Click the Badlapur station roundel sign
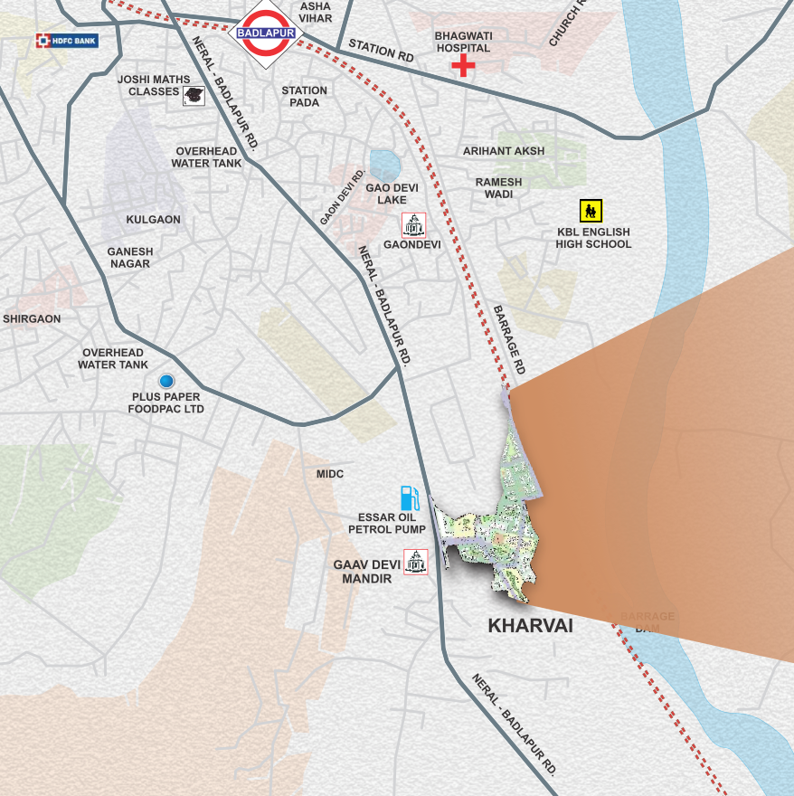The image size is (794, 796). coord(266,33)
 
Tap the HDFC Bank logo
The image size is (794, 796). coord(66,41)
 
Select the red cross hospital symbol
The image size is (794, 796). coord(463,65)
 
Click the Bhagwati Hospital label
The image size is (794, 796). coord(462,42)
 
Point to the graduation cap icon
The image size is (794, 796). coord(194,95)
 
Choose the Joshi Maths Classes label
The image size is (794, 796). coord(148,85)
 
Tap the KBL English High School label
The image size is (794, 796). coord(593,238)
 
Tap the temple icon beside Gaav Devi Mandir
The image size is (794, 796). coord(416,562)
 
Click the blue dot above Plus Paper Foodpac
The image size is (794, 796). coord(166,381)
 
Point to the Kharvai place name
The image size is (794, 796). coord(530,625)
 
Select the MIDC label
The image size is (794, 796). coord(330,474)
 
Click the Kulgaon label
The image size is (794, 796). coord(154,219)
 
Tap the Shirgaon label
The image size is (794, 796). coord(32,318)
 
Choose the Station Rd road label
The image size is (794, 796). coord(380,50)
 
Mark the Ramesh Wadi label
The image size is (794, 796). coord(498,187)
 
